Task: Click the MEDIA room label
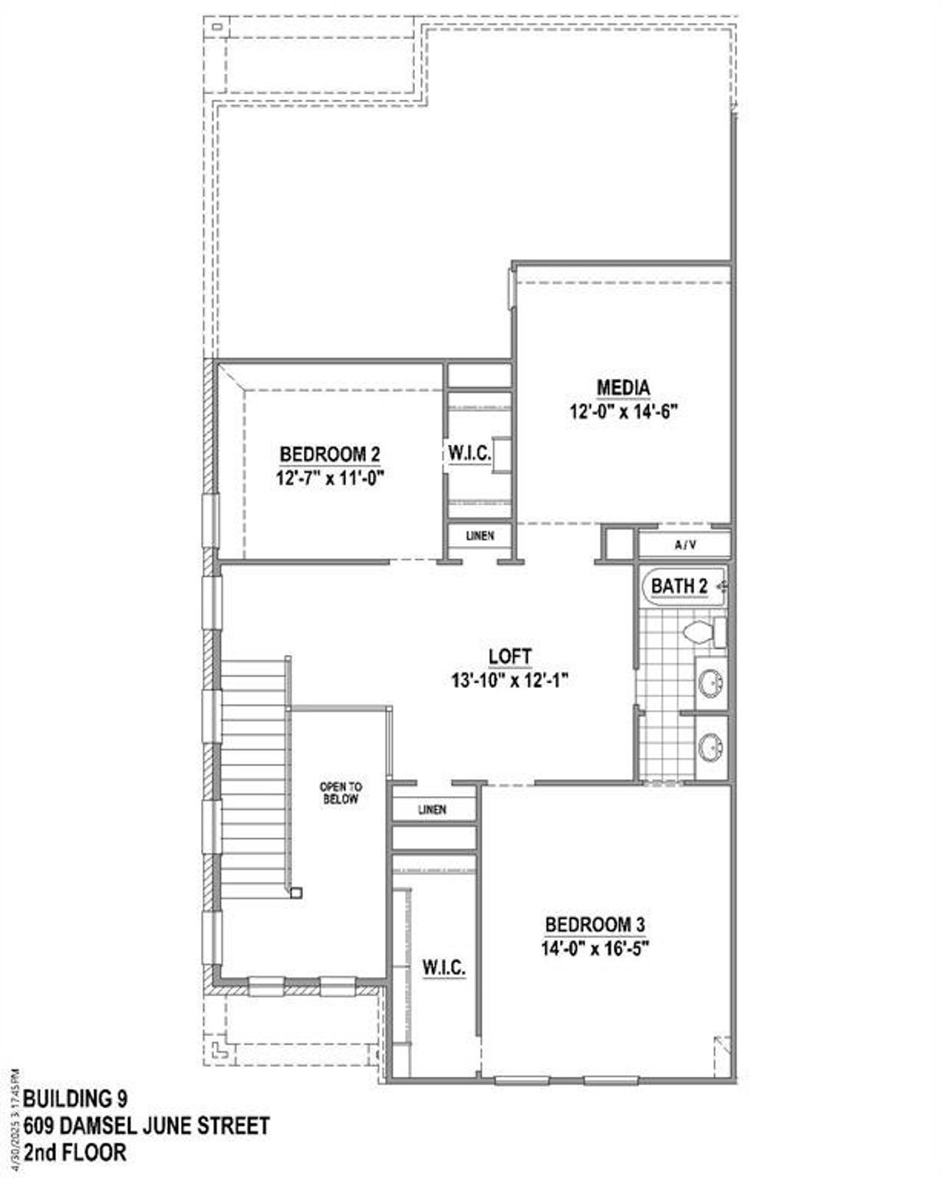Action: click(623, 387)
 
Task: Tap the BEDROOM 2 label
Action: click(330, 455)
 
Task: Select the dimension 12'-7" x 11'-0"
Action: click(330, 478)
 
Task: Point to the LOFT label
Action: click(510, 656)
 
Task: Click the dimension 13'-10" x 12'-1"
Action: click(510, 680)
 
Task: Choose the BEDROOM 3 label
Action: click(595, 925)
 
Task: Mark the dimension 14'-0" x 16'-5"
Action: click(595, 948)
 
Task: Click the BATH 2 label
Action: click(679, 586)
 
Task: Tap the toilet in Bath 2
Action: click(699, 631)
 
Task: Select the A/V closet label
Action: click(684, 545)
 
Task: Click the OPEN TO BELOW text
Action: click(341, 792)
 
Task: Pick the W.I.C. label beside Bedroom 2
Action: click(470, 453)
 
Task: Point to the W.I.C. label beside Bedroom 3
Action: click(444, 968)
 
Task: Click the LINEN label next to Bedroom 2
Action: click(480, 536)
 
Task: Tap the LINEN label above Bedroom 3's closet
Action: click(432, 809)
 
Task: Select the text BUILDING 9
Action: click(75, 1099)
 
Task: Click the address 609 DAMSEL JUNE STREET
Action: click(146, 1126)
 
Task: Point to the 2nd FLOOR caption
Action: click(75, 1152)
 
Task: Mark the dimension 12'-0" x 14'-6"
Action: click(623, 411)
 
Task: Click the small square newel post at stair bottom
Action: click(296, 893)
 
